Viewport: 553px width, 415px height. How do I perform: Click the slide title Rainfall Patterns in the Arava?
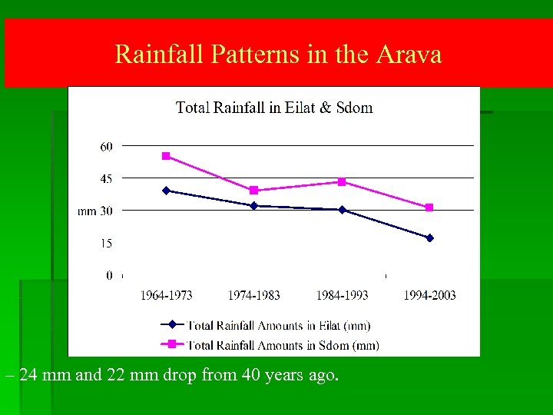coord(278,55)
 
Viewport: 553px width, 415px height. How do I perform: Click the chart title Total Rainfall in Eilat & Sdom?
coord(274,108)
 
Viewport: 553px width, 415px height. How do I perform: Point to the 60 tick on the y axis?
coord(106,146)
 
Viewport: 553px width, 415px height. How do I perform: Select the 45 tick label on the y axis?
coord(106,178)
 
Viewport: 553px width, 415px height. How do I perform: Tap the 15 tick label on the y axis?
coord(106,243)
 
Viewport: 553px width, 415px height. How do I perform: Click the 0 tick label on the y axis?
coord(109,275)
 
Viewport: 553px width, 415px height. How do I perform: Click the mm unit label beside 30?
coord(87,211)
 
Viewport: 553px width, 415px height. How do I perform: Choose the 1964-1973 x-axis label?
coord(166,295)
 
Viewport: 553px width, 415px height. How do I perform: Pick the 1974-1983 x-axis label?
coord(254,295)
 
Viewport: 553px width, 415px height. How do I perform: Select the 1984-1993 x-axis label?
coord(343,295)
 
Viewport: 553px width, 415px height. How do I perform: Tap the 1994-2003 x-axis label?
coord(430,295)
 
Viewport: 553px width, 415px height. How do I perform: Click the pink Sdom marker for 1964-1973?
coord(166,156)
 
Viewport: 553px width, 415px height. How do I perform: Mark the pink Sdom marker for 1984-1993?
coord(343,182)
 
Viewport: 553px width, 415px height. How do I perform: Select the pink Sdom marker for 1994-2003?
coord(429,207)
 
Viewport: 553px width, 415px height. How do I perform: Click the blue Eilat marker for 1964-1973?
coord(166,191)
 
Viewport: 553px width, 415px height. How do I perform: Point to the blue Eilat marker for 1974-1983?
coord(254,205)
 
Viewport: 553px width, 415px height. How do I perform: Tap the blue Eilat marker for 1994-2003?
coord(429,238)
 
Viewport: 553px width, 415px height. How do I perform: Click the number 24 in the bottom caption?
coord(27,376)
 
